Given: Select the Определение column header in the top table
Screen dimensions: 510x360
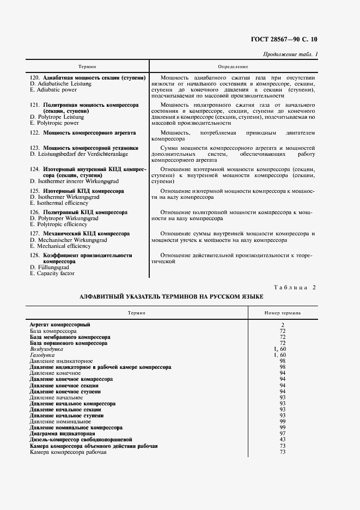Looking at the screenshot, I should [233, 66].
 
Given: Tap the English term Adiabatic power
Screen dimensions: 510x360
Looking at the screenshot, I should [53, 90].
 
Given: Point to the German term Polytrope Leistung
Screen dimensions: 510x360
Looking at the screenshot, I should [57, 117].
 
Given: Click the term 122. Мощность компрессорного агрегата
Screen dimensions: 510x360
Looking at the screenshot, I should [83, 132].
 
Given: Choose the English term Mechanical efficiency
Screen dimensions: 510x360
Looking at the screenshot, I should [56, 246].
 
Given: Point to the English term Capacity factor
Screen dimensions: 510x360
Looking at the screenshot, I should [52, 274].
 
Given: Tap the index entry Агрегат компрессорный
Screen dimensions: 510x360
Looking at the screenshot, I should [59, 325].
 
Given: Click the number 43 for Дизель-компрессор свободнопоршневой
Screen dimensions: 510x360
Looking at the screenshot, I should [283, 440].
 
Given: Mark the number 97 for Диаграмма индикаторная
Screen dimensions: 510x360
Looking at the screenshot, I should [283, 434].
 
